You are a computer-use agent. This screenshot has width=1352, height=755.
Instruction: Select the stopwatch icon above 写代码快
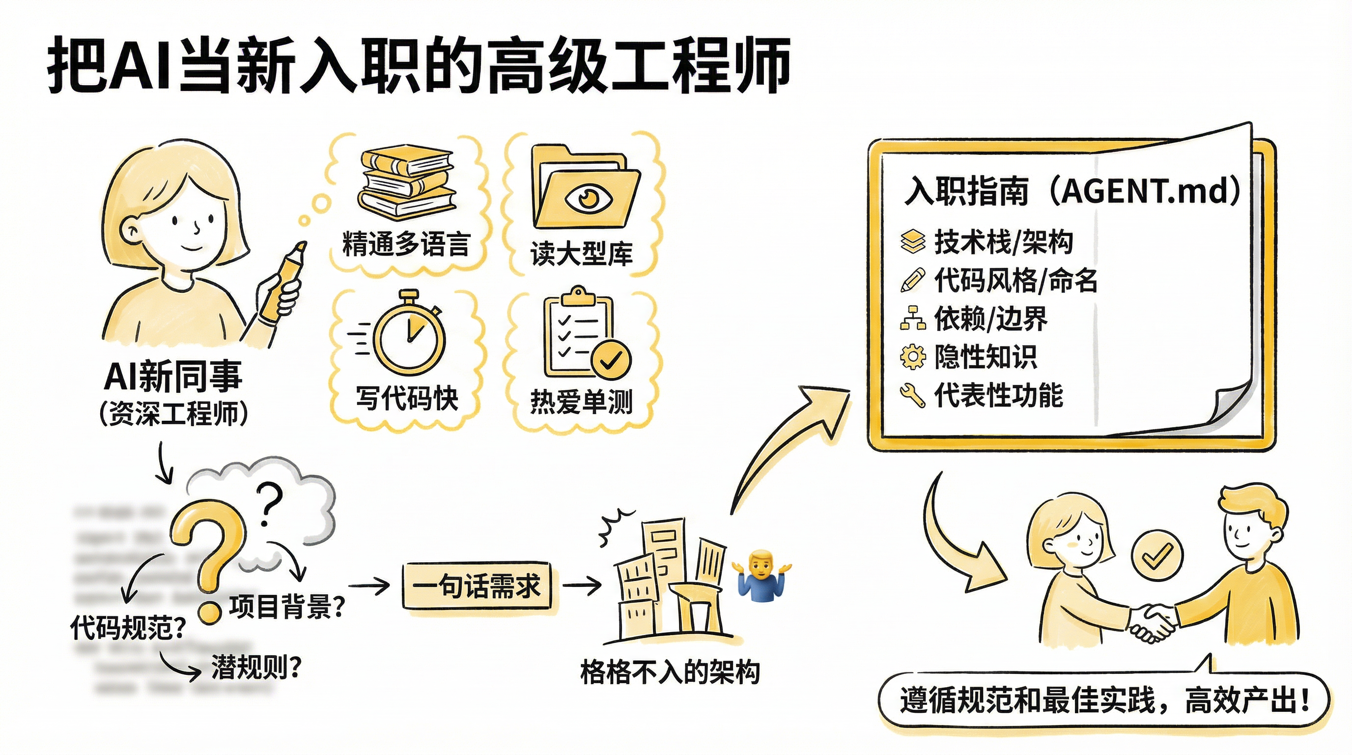click(409, 334)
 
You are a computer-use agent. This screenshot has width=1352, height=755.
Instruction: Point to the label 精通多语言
click(406, 244)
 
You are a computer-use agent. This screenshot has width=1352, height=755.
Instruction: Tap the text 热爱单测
click(582, 402)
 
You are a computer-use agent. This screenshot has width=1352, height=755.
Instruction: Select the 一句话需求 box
click(477, 586)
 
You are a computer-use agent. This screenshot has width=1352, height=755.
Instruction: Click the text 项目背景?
click(286, 607)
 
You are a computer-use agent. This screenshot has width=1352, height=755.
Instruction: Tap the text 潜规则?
click(256, 668)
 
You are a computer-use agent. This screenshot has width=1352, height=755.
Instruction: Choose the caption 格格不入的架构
click(670, 672)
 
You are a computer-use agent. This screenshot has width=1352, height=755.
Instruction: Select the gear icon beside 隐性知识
click(913, 357)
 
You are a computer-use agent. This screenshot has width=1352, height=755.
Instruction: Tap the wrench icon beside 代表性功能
click(913, 395)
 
